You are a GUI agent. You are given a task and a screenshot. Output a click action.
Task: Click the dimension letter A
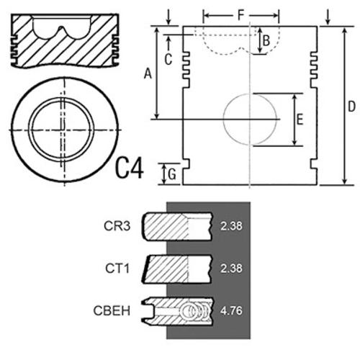148,73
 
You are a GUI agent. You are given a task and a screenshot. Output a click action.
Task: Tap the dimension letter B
266,40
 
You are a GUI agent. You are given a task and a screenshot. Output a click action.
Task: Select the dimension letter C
168,59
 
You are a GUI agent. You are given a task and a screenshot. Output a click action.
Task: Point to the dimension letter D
351,107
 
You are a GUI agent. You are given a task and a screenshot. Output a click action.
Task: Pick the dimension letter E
300,120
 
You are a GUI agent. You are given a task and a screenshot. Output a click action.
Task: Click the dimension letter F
240,15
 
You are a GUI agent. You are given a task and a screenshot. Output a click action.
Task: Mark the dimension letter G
172,174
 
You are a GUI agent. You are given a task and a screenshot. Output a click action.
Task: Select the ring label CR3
117,226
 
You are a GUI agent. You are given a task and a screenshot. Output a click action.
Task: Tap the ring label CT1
117,268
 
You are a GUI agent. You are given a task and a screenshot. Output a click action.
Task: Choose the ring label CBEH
112,310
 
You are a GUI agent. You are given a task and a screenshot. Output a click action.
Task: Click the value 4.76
231,310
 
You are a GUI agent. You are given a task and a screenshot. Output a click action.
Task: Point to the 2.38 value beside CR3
231,226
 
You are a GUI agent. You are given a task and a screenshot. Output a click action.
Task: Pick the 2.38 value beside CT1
231,268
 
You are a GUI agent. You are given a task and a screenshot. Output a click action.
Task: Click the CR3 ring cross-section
178,226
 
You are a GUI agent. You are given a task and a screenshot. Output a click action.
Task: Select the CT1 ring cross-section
177,269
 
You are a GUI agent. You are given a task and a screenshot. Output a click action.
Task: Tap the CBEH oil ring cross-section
177,311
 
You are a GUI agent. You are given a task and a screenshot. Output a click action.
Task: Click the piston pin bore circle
223,120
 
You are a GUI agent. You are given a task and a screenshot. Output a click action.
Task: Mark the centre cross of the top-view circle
64,130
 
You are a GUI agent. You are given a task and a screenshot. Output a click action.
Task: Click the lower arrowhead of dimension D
344,181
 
